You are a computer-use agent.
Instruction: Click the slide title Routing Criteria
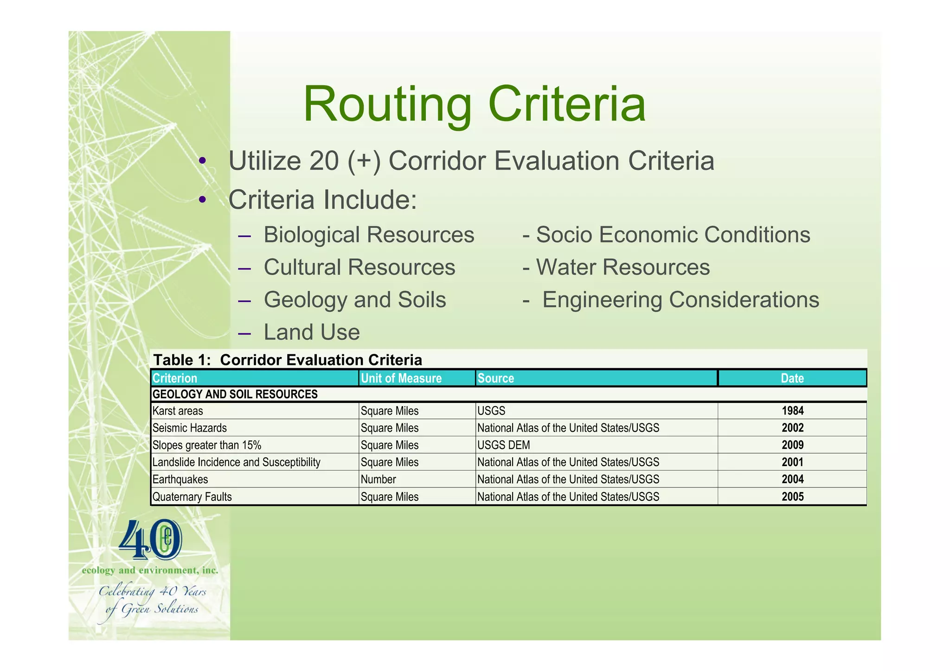[x=474, y=104]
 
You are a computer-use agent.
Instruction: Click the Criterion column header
[x=175, y=378]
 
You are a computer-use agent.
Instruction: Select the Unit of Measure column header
[x=401, y=378]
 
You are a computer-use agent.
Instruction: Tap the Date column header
[x=792, y=378]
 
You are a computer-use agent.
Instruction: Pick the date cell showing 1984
[x=792, y=411]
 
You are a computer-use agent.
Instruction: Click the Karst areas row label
[x=178, y=411]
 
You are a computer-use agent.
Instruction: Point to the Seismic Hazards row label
[x=190, y=428]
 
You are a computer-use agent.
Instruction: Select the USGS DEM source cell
[x=503, y=445]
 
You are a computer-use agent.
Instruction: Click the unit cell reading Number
[x=379, y=479]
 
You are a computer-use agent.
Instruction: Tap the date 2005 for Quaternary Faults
[x=792, y=497]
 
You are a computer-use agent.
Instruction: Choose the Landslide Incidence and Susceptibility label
[x=236, y=462]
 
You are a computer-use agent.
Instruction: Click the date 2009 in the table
[x=792, y=445]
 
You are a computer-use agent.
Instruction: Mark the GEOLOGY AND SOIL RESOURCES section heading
[x=235, y=395]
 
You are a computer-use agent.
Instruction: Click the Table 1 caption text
[x=288, y=360]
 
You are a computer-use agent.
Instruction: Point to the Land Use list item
[x=311, y=332]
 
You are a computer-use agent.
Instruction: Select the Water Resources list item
[x=623, y=267]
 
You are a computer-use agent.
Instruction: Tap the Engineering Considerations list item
[x=680, y=300]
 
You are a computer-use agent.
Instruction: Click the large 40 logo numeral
[x=150, y=540]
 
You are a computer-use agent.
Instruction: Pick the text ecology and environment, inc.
[x=150, y=570]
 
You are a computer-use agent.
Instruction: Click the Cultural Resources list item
[x=359, y=267]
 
